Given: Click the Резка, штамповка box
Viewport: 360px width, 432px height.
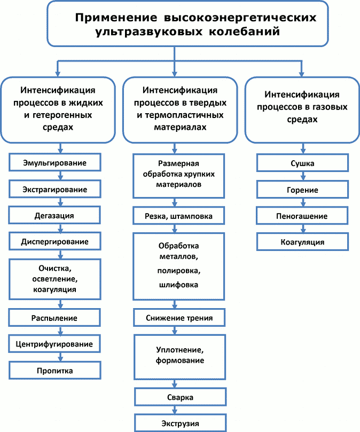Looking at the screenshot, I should tap(178, 216).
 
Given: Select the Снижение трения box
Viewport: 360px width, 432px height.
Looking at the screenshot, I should tap(178, 318).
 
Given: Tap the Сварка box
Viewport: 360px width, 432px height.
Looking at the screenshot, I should tap(178, 398).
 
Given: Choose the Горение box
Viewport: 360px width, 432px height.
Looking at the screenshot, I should tap(302, 190).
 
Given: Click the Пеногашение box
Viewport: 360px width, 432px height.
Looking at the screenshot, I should tap(302, 216).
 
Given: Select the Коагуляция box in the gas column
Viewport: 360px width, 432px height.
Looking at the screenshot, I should tap(302, 242).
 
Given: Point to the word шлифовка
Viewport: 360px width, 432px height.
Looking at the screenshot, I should tap(178, 285).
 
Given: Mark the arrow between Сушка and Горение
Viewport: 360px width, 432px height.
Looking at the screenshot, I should tap(302, 176).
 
